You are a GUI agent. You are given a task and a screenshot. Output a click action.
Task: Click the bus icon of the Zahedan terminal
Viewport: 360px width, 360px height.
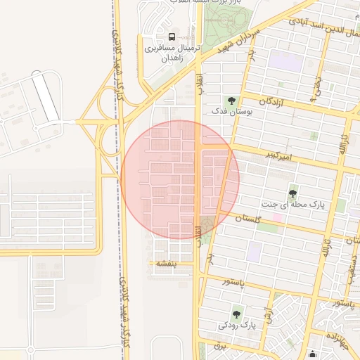tap(172, 37)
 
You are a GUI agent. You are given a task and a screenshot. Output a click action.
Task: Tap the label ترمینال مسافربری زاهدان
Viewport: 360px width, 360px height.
tap(173, 53)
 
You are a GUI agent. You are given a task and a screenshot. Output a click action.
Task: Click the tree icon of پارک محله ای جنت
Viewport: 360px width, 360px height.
tap(292, 193)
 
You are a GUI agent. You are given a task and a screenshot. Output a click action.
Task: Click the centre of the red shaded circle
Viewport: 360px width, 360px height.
tap(180, 179)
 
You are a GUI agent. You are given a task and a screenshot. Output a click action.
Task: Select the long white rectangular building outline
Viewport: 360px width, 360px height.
tap(46, 98)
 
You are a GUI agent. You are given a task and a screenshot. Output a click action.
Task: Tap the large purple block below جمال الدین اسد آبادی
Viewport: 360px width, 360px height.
tap(285, 60)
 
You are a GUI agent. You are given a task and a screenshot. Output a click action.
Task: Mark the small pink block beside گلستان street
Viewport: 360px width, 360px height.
tap(276, 218)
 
